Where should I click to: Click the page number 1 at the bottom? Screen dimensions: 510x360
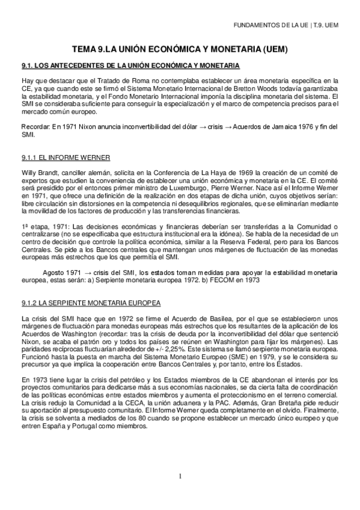click(180, 476)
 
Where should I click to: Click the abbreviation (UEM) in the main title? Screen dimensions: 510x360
click(273, 49)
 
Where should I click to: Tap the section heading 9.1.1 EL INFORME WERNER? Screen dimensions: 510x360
click(66, 158)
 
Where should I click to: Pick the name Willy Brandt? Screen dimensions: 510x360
click(40, 173)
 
